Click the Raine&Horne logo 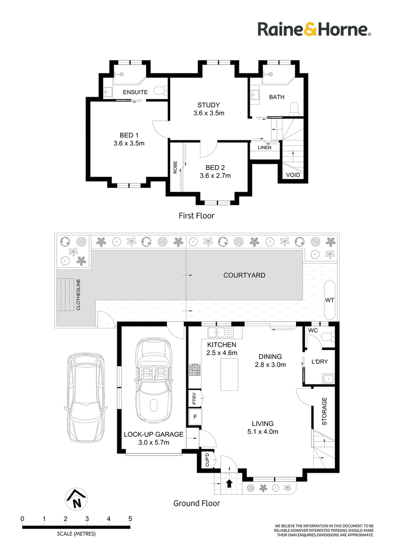[314, 29]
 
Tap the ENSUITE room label [135, 92]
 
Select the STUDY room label [209, 105]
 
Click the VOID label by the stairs [293, 175]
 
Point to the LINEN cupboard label [264, 148]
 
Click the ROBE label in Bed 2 [175, 167]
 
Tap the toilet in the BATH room [295, 108]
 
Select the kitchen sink [220, 332]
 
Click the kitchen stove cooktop [195, 370]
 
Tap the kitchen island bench [230, 375]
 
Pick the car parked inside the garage [154, 380]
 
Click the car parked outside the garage [86, 397]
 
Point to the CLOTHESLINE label [78, 295]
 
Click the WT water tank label [329, 300]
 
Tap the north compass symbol [76, 499]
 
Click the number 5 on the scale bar [130, 519]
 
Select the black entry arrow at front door [230, 483]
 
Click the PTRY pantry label [194, 398]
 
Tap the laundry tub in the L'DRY [328, 379]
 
